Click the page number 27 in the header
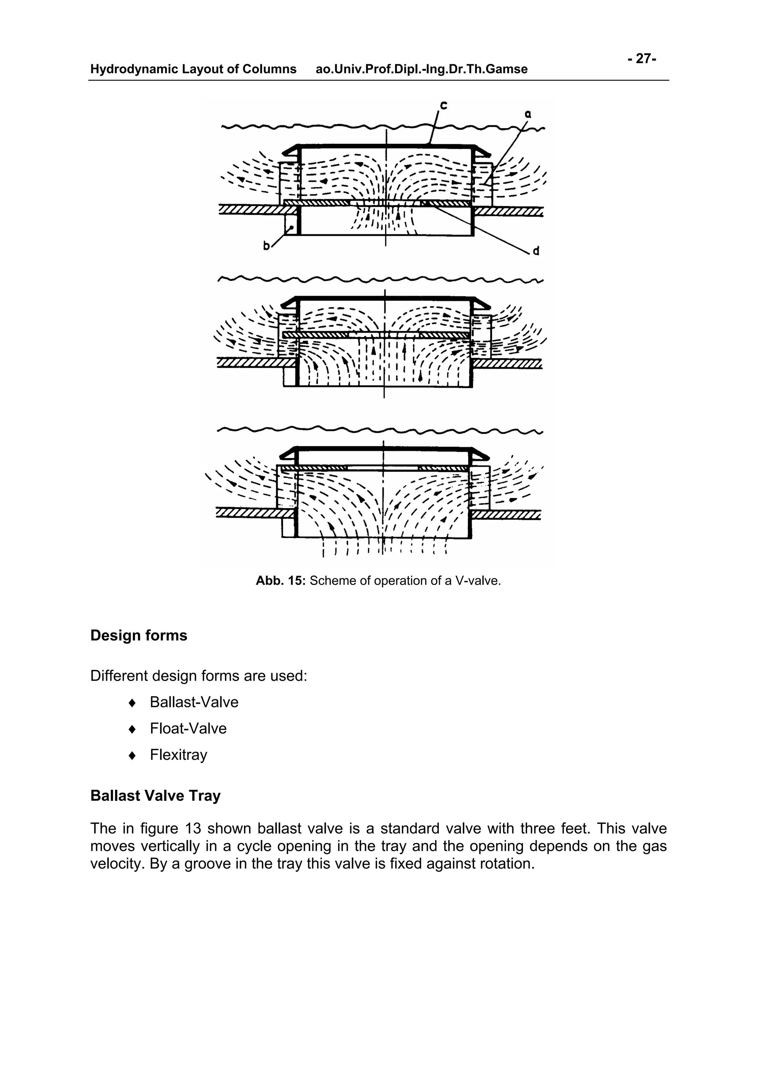tap(643, 59)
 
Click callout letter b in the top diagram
tap(267, 246)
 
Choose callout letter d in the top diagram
tap(536, 251)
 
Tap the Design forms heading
tap(139, 635)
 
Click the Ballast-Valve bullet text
tap(194, 702)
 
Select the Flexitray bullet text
tap(178, 755)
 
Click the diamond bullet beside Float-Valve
tap(132, 729)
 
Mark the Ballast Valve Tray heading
tap(155, 795)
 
